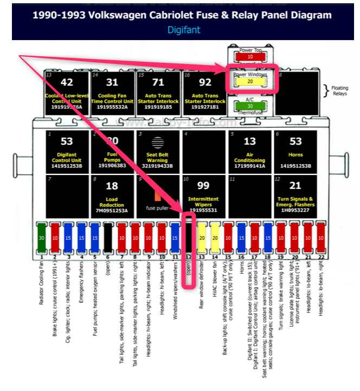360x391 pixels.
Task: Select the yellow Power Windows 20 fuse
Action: tap(250, 82)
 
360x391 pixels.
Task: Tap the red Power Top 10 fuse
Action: tap(250, 56)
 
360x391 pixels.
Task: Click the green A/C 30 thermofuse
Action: tap(250, 106)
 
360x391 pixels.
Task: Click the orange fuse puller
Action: tap(158, 196)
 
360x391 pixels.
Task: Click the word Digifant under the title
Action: tap(183, 30)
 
